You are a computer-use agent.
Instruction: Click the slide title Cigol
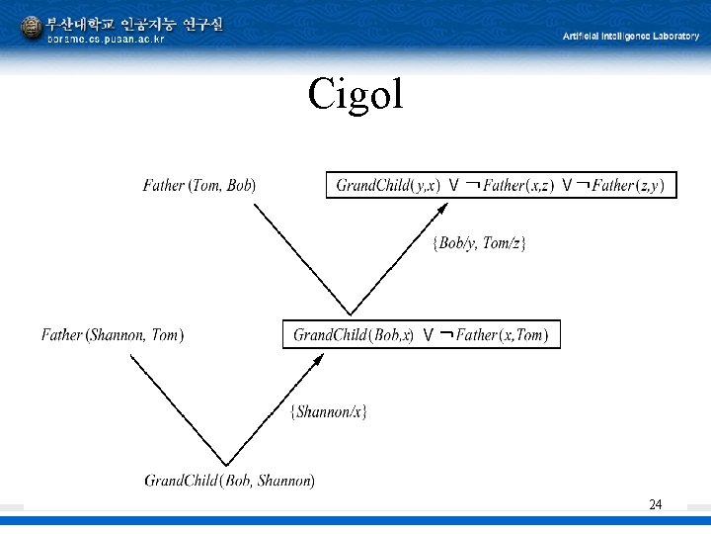pos(355,94)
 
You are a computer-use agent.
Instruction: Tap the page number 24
pos(656,505)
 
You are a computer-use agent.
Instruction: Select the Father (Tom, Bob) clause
pos(199,185)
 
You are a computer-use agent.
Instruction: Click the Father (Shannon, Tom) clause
pos(113,335)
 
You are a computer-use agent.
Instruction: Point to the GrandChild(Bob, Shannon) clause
pos(230,482)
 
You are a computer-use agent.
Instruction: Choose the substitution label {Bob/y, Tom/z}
pos(480,243)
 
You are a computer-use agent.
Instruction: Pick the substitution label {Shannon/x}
pos(329,411)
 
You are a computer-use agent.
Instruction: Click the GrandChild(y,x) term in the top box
pos(388,185)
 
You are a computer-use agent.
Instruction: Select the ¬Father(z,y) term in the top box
pos(621,185)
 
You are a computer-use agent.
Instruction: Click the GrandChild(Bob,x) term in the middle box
pos(354,335)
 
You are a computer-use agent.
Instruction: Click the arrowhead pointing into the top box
pos(450,207)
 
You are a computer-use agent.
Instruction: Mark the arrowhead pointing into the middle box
pos(317,358)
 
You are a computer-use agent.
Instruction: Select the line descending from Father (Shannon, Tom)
pos(178,410)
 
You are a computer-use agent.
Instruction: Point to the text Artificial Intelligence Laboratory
pos(630,36)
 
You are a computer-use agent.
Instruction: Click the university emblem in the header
pos(32,29)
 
